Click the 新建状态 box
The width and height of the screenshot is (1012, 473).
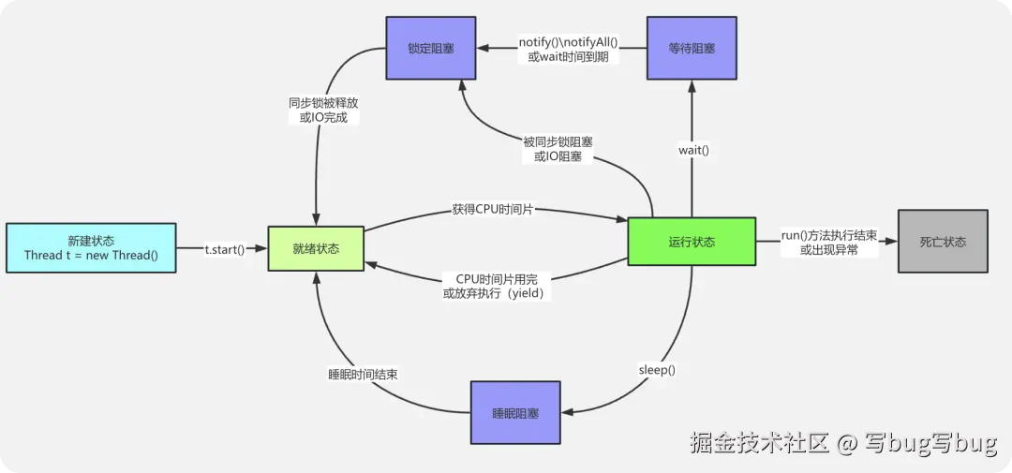click(90, 247)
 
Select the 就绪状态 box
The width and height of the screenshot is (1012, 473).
click(316, 248)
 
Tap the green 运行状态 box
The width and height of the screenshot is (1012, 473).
click(692, 242)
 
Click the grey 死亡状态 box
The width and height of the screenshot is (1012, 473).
click(943, 242)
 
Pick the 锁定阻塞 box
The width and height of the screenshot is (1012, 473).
click(431, 48)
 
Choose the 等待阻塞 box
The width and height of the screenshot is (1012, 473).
click(692, 48)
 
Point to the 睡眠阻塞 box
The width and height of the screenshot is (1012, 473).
click(515, 412)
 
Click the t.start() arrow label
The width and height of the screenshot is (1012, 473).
click(224, 249)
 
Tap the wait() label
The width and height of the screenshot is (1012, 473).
click(692, 150)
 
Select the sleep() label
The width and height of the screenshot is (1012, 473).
click(657, 370)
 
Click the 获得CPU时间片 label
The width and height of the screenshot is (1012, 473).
click(493, 209)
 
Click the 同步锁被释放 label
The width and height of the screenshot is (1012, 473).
click(323, 103)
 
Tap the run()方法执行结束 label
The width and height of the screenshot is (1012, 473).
click(829, 235)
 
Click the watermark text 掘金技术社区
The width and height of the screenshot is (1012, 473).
click(760, 442)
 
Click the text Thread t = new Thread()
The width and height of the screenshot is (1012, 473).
click(91, 256)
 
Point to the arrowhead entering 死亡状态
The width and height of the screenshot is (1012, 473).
click(892, 242)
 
